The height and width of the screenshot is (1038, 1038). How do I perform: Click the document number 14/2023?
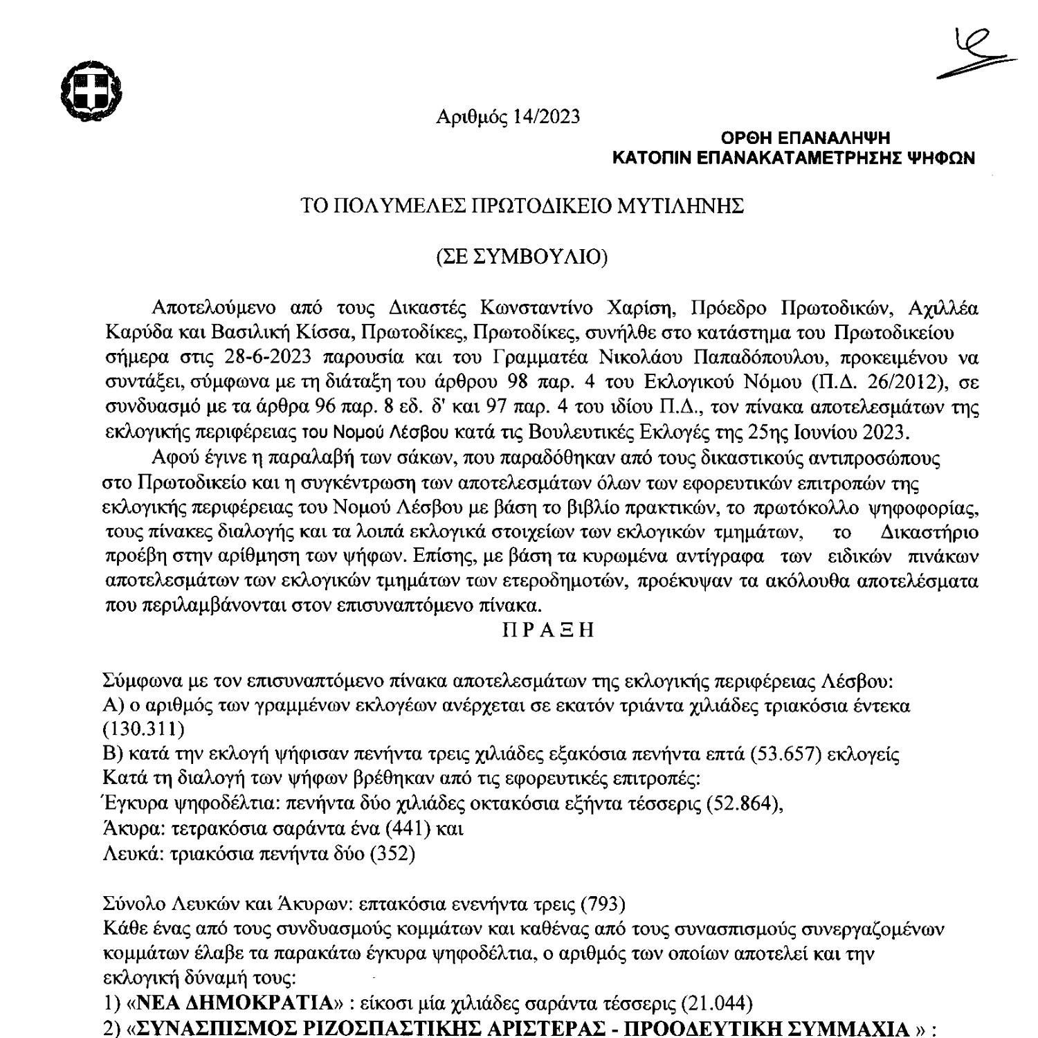pyautogui.click(x=547, y=117)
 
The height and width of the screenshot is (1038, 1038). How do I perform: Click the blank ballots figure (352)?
pyautogui.click(x=392, y=854)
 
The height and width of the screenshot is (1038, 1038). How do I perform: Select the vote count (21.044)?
pyautogui.click(x=717, y=1003)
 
